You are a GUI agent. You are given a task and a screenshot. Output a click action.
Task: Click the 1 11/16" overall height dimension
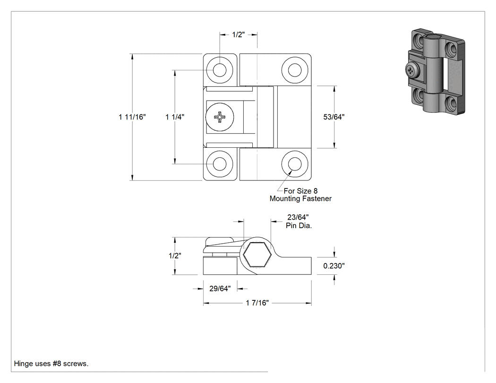(x=132, y=117)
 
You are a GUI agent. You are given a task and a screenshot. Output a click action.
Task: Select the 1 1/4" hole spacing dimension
(x=175, y=117)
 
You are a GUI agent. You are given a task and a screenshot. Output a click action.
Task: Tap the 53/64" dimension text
(x=334, y=117)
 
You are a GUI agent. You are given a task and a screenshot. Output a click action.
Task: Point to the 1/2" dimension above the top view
(x=239, y=34)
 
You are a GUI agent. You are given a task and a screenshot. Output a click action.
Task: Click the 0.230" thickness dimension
(x=334, y=266)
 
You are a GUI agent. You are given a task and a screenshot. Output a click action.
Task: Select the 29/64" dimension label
(x=220, y=289)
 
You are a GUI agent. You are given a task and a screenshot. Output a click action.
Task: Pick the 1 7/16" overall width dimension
(x=257, y=303)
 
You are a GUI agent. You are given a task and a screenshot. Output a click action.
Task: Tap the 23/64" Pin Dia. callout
(x=298, y=221)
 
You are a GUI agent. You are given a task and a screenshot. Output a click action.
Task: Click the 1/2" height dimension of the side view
(x=175, y=255)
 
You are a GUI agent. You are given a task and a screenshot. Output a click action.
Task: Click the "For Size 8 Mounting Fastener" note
(x=300, y=195)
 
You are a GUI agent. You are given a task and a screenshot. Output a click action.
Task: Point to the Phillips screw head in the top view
(x=220, y=117)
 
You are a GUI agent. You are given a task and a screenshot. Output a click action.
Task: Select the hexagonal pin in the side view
(x=257, y=255)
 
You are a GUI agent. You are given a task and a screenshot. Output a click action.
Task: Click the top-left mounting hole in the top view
(x=220, y=70)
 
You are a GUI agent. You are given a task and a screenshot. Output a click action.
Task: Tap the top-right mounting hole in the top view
(x=295, y=70)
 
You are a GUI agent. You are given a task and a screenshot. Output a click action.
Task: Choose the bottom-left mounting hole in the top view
(x=220, y=164)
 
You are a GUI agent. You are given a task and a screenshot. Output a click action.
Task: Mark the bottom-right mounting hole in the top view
(x=295, y=164)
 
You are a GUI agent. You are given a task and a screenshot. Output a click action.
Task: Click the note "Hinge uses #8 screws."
(x=51, y=363)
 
